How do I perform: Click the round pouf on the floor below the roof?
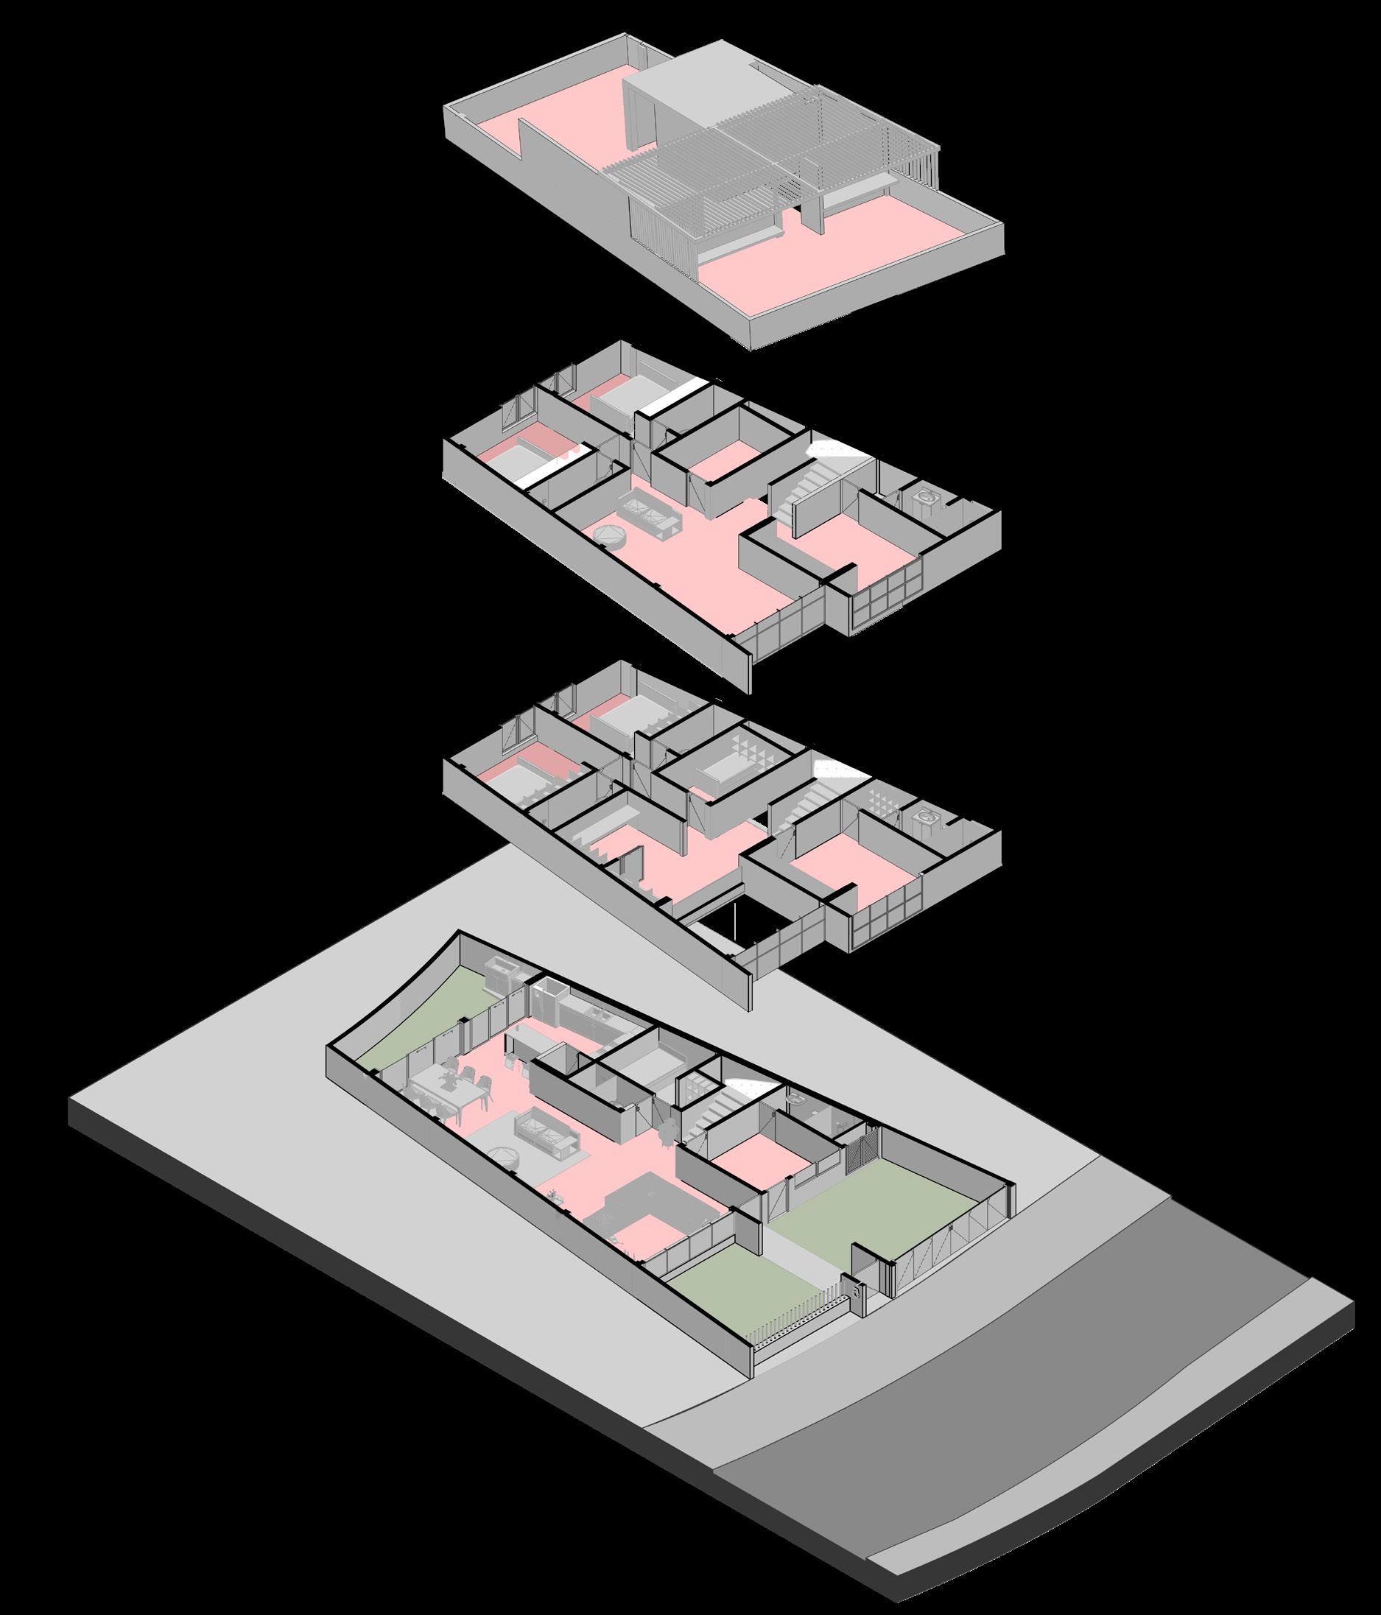tap(608, 536)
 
